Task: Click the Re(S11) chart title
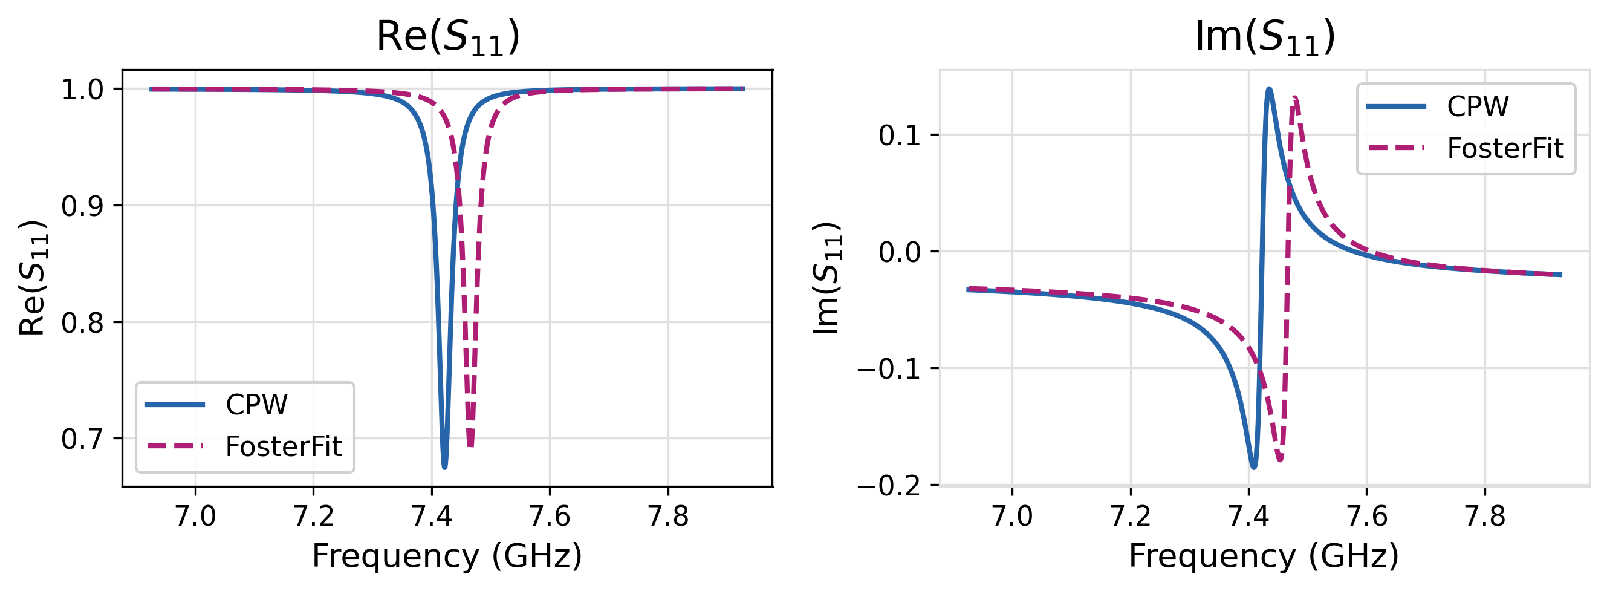pos(448,37)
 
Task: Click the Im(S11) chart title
pos(1265,37)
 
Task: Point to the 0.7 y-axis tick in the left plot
pos(82,439)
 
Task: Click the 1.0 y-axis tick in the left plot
pos(82,90)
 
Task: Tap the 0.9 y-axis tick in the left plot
pos(82,206)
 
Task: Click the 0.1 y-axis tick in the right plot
pos(900,136)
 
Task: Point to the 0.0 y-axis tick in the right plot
pos(900,252)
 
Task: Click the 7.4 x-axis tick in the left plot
pos(432,516)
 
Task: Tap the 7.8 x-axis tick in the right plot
pos(1485,516)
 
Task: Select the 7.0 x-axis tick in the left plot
pos(195,516)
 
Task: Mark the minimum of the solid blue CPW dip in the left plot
pos(444,467)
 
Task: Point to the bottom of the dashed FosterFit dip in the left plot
pos(470,446)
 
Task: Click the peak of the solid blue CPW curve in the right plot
pos(1269,90)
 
